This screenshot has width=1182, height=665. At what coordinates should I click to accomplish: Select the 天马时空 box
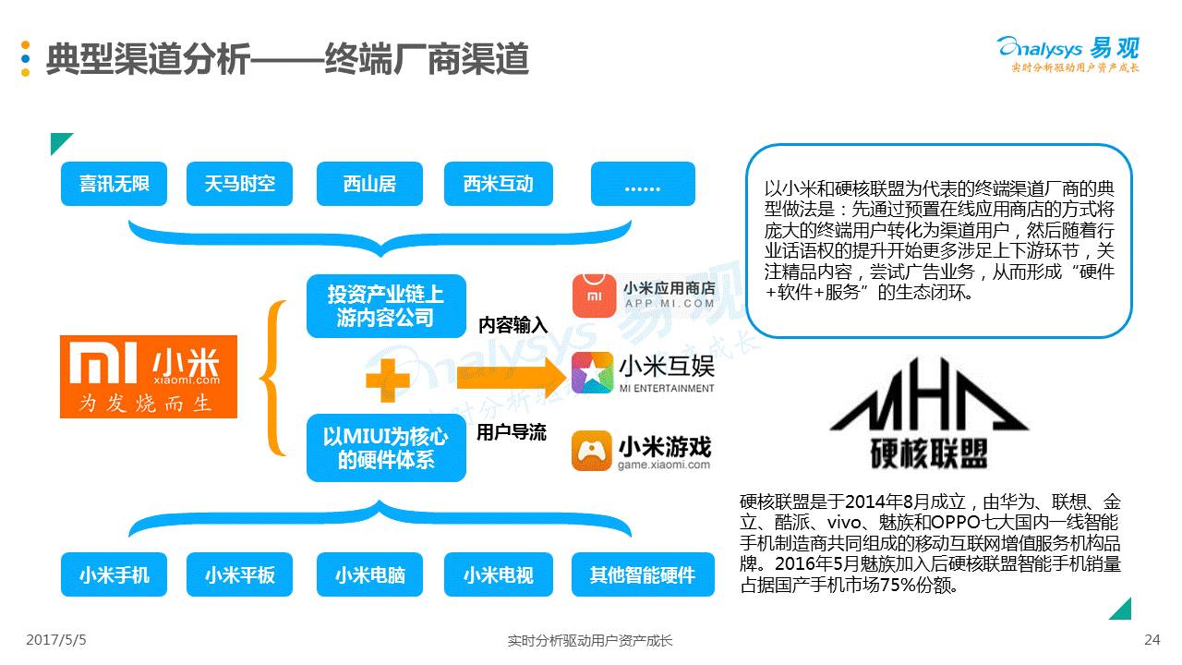[240, 183]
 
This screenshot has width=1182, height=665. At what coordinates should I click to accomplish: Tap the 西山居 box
[369, 183]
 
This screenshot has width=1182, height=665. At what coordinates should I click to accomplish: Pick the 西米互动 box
[499, 183]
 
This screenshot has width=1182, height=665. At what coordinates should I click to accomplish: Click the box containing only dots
[643, 183]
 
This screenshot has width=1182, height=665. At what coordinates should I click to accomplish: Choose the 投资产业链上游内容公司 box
[386, 306]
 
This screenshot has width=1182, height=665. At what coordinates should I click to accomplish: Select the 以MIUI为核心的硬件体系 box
[386, 448]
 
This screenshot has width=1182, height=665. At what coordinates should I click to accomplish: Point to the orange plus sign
[388, 380]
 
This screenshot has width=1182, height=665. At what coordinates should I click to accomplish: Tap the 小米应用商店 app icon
[593, 296]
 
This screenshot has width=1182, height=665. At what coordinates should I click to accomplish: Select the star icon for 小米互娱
[593, 373]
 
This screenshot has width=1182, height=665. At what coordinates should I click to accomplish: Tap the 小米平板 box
[240, 574]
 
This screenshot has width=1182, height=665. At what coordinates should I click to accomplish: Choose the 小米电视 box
[499, 574]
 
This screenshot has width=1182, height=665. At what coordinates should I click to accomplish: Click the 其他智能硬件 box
[643, 574]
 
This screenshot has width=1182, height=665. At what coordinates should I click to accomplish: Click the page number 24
[1152, 639]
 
